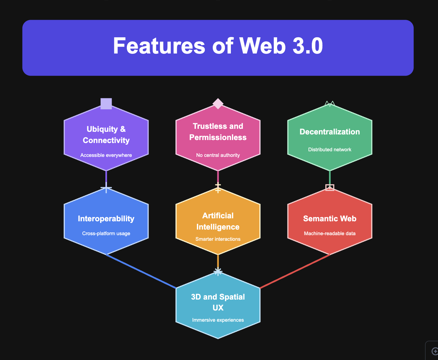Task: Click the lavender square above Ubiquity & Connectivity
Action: [x=106, y=104]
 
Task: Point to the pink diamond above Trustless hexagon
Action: [x=218, y=103]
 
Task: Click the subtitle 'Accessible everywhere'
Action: [x=106, y=155]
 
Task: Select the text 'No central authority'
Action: [x=218, y=155]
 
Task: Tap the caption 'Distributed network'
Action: [x=330, y=150]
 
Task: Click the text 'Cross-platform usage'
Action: [x=106, y=234]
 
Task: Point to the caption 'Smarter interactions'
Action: [x=218, y=239]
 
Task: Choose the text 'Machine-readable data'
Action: [x=330, y=234]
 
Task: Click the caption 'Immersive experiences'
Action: [x=218, y=320]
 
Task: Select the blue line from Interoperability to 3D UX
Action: [x=141, y=271]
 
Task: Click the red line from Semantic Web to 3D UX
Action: [x=295, y=271]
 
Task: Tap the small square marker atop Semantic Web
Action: [x=330, y=188]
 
